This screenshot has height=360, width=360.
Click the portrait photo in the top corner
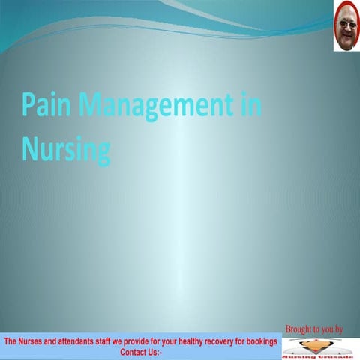[346, 26]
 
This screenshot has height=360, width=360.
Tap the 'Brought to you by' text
[314, 328]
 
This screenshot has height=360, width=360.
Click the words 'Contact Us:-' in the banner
[141, 351]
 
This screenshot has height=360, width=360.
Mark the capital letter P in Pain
[28, 105]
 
